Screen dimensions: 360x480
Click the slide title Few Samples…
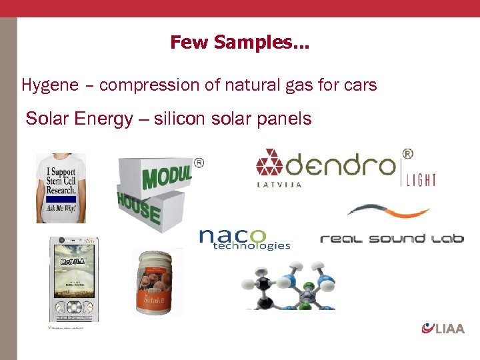point(239,43)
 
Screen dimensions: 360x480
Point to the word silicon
point(179,119)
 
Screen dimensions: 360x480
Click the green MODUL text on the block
point(166,175)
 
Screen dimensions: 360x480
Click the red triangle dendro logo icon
point(270,163)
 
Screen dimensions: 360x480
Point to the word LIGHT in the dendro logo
point(421,179)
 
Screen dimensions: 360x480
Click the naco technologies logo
point(244,239)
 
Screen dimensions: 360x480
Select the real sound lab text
point(391,239)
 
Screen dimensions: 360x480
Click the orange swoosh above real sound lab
point(387,211)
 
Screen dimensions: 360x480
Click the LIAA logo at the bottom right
point(443,327)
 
